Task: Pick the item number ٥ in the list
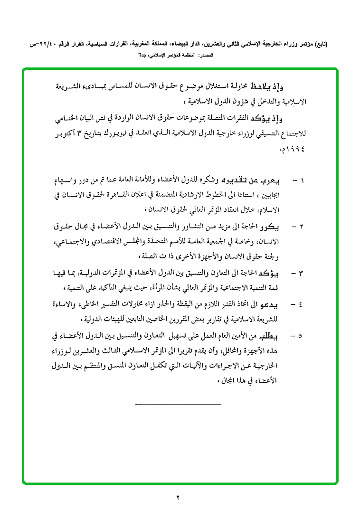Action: click(x=303, y=336)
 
